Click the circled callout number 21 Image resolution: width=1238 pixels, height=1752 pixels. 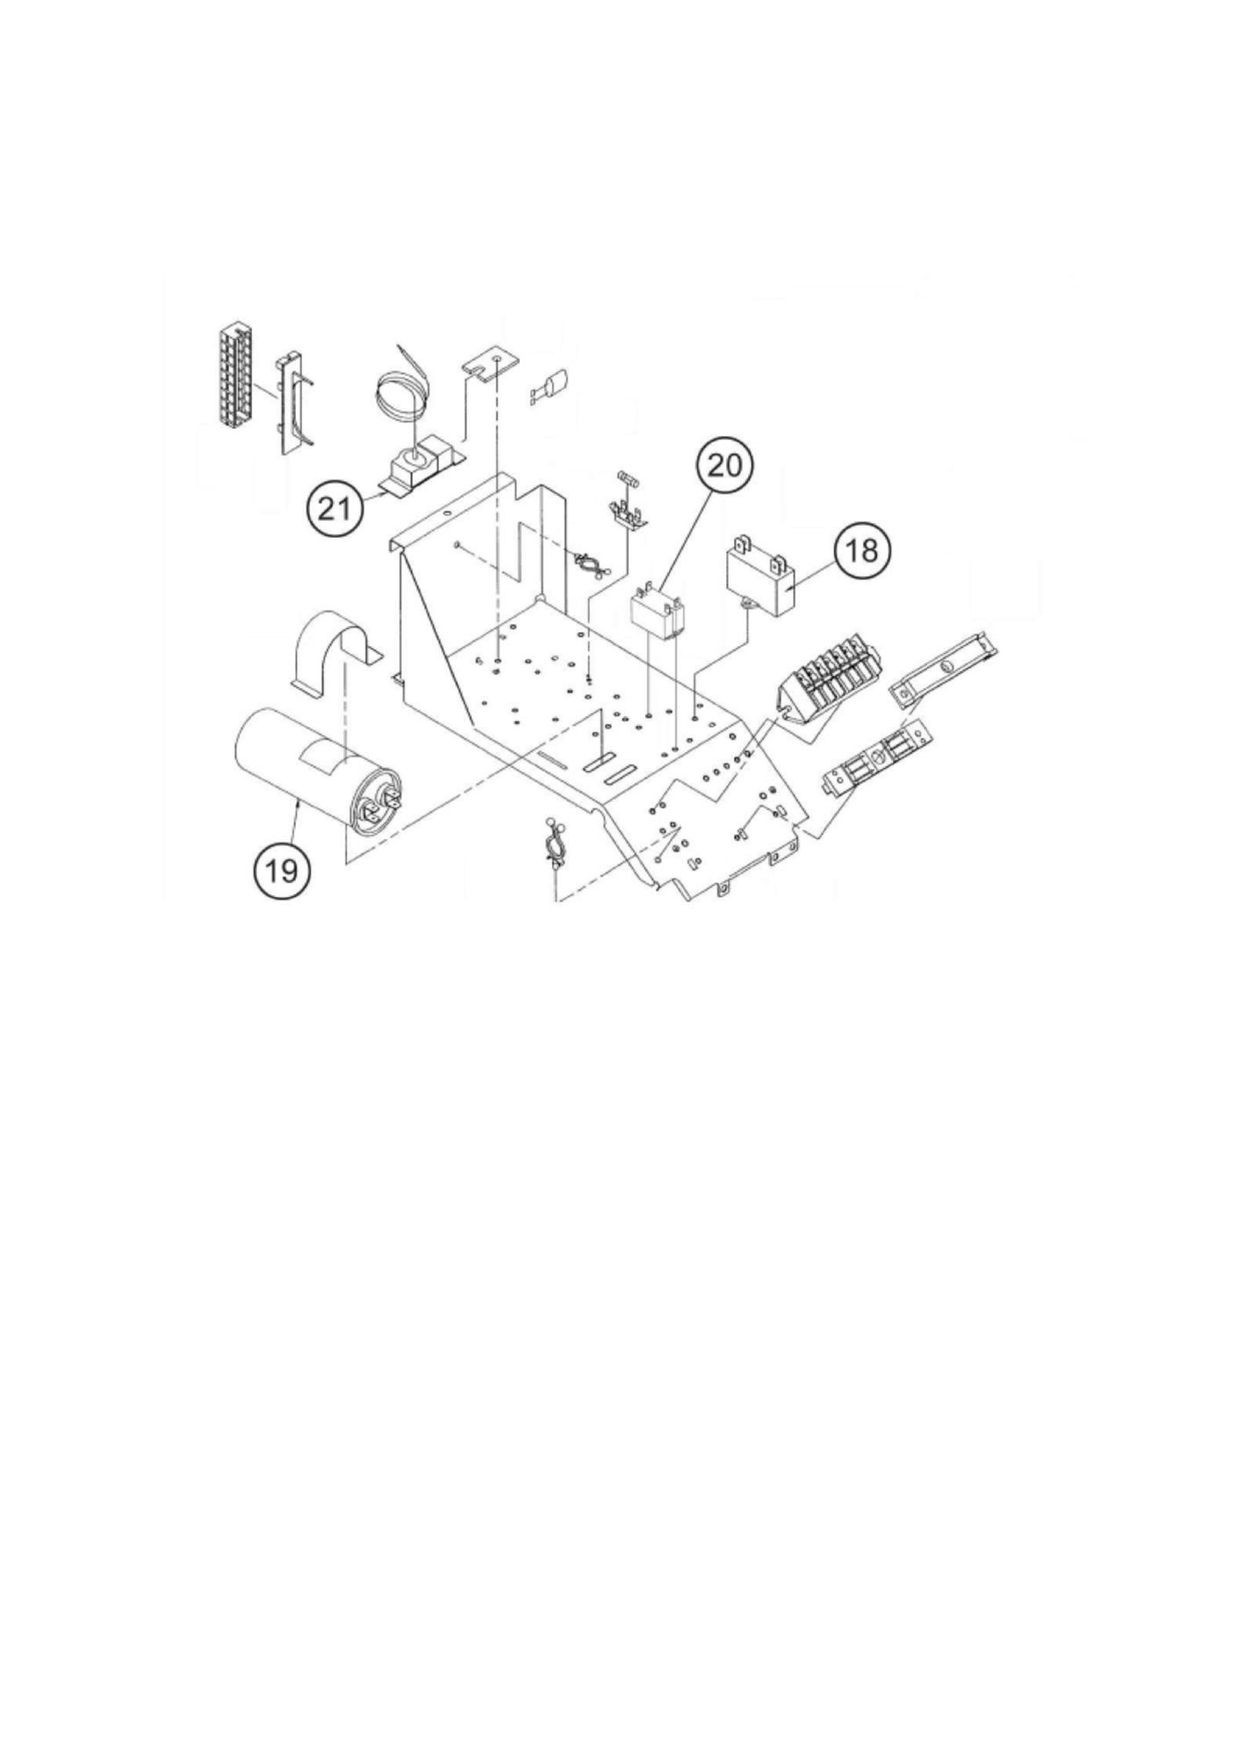335,508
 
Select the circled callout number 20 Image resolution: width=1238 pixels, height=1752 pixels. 725,464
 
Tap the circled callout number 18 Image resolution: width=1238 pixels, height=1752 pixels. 862,550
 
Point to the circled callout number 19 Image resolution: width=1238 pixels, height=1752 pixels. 281,871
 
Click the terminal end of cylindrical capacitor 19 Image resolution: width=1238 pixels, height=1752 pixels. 378,800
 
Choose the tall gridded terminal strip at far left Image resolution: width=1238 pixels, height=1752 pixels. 234,378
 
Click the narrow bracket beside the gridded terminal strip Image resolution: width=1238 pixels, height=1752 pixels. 291,403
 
